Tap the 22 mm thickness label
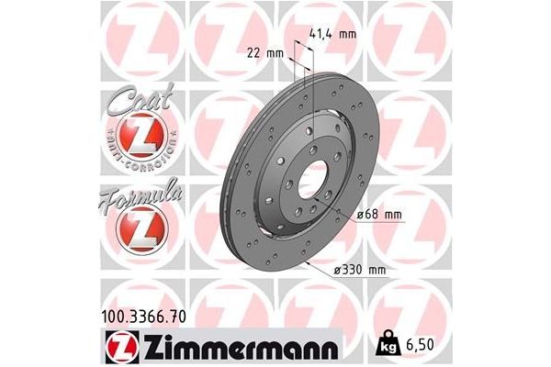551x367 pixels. (265, 52)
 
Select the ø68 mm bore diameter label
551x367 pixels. (379, 215)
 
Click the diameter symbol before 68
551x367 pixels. (359, 215)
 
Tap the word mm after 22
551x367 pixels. (275, 52)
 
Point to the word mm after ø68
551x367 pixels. (391, 215)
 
